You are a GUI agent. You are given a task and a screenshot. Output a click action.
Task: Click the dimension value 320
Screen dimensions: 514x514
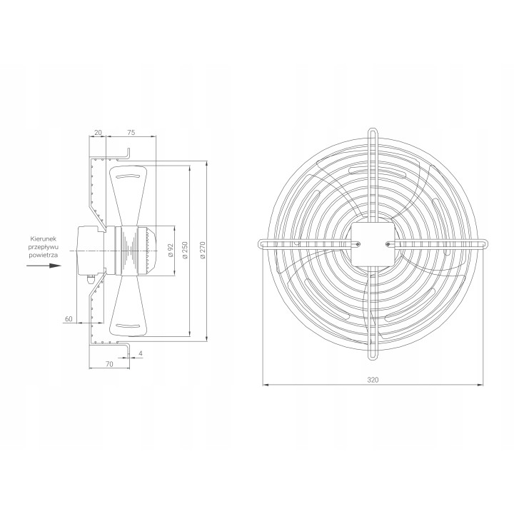click(x=373, y=380)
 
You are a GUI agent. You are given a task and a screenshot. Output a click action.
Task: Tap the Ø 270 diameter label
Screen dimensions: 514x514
click(x=203, y=251)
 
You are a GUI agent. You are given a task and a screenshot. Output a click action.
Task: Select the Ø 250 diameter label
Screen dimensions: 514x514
click(x=185, y=251)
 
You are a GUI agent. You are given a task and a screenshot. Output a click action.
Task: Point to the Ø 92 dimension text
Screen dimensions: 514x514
click(x=170, y=251)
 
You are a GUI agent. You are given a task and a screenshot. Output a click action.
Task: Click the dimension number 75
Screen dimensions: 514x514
click(x=131, y=133)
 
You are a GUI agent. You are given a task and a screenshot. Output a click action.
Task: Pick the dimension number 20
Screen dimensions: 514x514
click(x=98, y=133)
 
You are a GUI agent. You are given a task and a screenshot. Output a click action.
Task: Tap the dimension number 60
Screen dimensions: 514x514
click(x=69, y=318)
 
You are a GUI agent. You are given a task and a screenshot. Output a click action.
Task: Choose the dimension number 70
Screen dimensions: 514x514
click(x=109, y=364)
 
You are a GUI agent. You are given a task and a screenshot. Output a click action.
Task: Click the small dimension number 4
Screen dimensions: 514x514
click(x=141, y=353)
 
